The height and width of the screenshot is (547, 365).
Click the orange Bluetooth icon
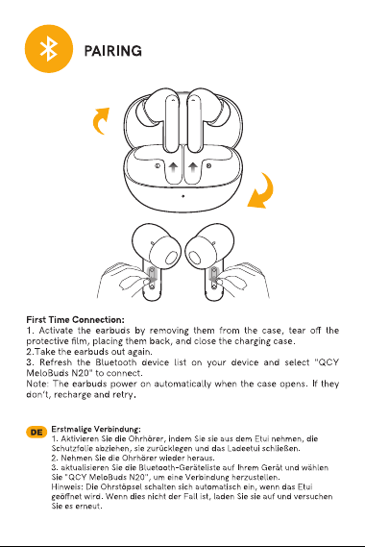tap(49, 48)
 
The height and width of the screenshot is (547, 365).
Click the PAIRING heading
tap(113, 51)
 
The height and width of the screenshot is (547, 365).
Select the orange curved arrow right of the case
tap(261, 191)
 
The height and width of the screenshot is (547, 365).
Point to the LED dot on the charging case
tap(183, 196)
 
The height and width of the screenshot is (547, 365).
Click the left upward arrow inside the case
tap(173, 166)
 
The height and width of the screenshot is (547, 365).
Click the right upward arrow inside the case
tap(193, 166)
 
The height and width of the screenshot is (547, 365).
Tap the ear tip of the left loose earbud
tap(171, 258)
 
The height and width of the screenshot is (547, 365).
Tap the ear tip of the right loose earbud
tap(195, 258)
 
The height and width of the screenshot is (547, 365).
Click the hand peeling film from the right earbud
tap(243, 280)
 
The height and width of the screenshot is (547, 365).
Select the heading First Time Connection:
tap(75, 320)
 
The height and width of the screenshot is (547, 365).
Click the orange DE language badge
tap(36, 433)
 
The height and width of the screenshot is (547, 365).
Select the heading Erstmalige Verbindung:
tap(96, 429)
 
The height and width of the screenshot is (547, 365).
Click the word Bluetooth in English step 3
tap(116, 362)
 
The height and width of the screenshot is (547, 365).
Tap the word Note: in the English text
tap(37, 385)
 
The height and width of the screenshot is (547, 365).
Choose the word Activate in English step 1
tap(56, 331)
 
